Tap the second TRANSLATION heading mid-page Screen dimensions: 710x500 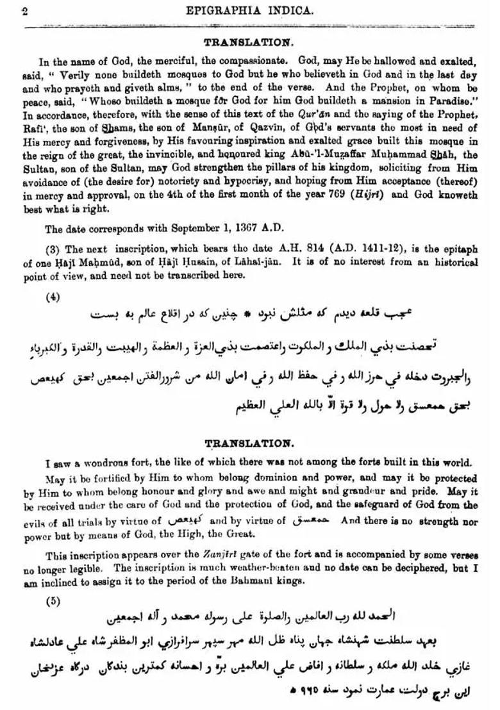(x=249, y=443)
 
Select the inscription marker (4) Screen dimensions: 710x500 (x=53, y=297)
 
